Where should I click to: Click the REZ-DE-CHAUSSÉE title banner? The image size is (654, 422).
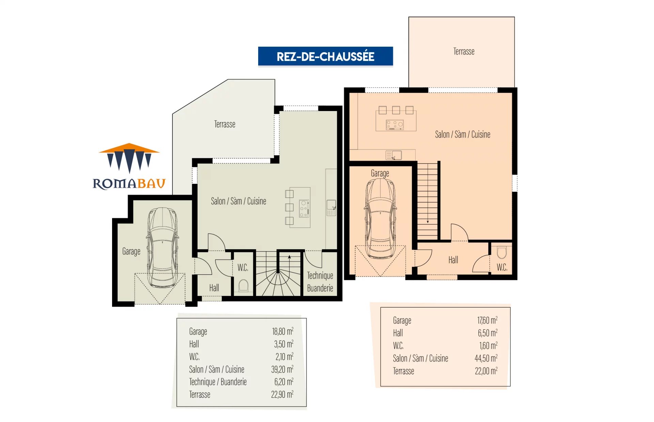(325, 56)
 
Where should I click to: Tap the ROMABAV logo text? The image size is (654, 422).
(129, 184)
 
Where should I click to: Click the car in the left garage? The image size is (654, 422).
(162, 247)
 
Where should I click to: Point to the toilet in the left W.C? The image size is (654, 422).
(243, 286)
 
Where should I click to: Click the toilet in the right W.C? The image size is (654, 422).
(502, 253)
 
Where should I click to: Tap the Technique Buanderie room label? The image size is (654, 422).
(320, 282)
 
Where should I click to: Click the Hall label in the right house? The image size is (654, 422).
(453, 260)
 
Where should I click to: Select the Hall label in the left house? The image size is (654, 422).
(214, 288)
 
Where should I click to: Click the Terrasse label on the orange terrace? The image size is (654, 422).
(464, 51)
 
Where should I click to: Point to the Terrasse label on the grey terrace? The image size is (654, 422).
(224, 124)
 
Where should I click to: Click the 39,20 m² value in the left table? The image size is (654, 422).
(282, 369)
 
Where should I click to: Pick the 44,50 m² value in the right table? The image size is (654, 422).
(486, 358)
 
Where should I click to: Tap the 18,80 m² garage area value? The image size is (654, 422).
(282, 331)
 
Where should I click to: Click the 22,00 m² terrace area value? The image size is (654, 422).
(486, 371)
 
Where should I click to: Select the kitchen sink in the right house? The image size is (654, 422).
(394, 155)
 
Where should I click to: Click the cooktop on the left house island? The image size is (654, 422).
(304, 208)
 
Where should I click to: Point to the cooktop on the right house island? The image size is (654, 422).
(395, 125)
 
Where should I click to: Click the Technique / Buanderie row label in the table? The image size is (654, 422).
(218, 382)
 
